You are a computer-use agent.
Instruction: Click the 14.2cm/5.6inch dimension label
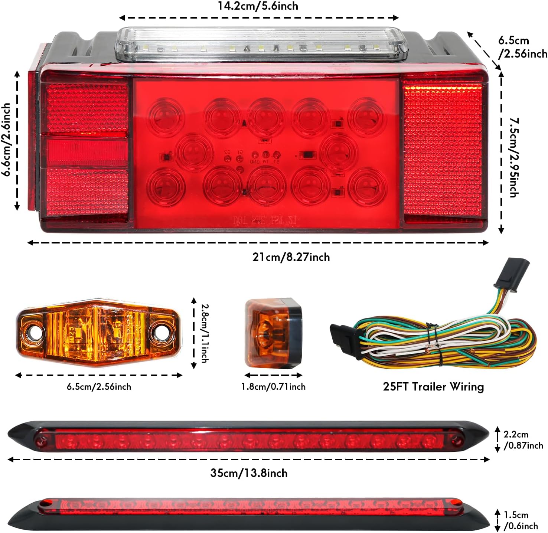[258, 6]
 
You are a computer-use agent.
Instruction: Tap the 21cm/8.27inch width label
[291, 257]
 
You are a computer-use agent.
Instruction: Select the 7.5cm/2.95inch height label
[514, 157]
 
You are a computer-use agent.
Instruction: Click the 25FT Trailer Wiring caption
[433, 387]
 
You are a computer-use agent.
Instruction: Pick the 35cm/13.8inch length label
[249, 473]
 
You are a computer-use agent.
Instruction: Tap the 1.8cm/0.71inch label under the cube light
[273, 387]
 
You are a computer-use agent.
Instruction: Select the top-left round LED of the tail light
[166, 116]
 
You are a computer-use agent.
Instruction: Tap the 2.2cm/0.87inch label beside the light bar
[523, 440]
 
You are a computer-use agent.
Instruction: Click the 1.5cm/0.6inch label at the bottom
[521, 520]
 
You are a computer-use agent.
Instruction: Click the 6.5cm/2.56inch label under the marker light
[99, 387]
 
